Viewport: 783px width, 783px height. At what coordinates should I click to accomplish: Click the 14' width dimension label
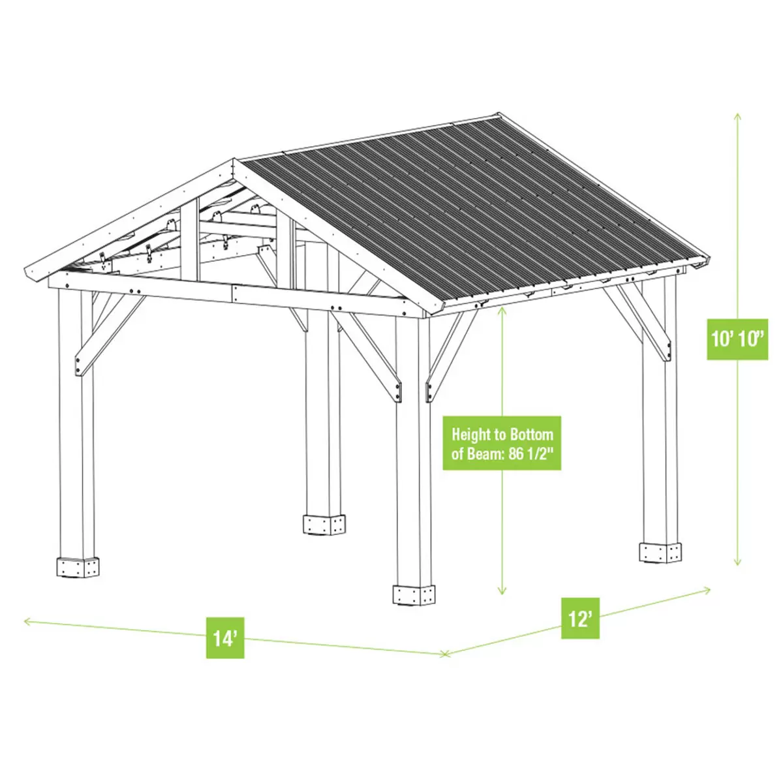225,637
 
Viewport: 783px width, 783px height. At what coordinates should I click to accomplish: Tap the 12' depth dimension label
580,618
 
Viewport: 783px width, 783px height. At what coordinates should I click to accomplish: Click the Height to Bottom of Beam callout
502,443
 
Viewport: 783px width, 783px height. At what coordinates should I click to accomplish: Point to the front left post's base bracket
78,567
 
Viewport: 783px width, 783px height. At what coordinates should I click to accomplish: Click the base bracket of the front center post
414,595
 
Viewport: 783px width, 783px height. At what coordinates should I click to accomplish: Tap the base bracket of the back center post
324,525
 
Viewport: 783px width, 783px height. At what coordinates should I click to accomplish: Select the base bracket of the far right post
660,552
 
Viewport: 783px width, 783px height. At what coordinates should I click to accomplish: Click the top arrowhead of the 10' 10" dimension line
737,115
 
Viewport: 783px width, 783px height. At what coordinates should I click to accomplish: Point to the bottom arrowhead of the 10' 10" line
737,563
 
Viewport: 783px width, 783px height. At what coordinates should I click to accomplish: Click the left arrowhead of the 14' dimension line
26,621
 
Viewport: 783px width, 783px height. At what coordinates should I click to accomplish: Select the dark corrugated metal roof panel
470,209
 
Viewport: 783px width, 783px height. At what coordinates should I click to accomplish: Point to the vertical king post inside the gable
190,241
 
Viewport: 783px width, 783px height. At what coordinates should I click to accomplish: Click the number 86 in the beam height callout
516,454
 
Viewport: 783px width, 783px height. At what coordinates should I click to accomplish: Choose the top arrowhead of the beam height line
501,310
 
